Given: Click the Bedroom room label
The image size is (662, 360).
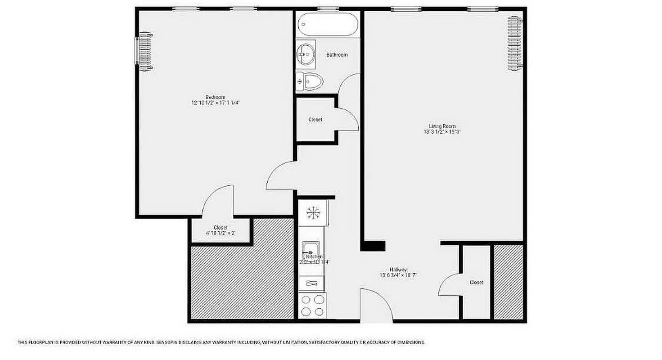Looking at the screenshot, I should click(215, 97).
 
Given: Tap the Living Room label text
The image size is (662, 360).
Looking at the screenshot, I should click(442, 126).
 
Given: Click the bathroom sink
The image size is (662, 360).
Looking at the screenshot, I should click(306, 54).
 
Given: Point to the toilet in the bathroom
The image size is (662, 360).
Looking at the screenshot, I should click(311, 81).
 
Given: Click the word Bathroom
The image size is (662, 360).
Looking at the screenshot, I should click(337, 55).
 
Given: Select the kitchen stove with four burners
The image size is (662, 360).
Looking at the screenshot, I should click(313, 306).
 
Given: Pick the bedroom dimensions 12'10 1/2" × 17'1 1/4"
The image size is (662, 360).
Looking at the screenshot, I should click(215, 103).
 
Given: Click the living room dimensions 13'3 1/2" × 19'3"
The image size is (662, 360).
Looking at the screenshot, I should click(442, 132).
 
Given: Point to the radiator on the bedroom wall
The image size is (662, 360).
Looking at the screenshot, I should click(145, 51).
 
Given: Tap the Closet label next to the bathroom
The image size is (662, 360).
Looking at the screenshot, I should click(315, 120).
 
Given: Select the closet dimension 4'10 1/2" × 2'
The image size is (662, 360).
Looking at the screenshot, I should click(221, 233).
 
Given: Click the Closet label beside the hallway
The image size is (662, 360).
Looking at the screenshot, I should click(477, 283).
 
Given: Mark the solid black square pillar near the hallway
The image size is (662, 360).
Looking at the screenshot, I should click(373, 246).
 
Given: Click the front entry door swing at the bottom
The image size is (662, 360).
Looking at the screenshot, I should click(376, 306).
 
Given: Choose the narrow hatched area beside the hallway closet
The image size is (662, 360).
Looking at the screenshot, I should click(509, 282).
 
